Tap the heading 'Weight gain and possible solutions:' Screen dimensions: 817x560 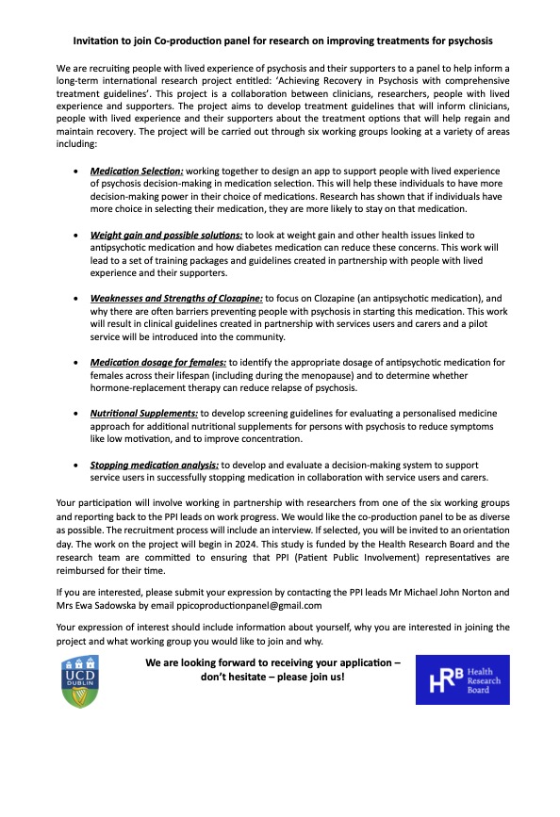pyautogui.click(x=166, y=233)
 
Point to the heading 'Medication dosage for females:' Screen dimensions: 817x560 pyautogui.click(x=157, y=362)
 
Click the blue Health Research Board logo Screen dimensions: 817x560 pyautogui.click(x=462, y=679)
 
